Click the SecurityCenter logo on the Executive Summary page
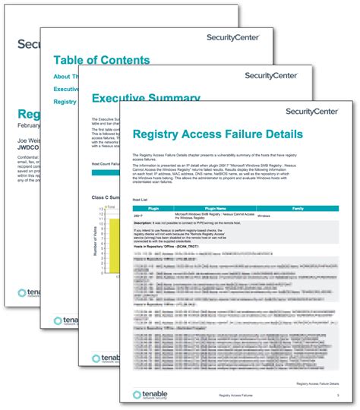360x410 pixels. pyautogui.click(x=270, y=75)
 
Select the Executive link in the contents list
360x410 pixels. pyautogui.click(x=64, y=89)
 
